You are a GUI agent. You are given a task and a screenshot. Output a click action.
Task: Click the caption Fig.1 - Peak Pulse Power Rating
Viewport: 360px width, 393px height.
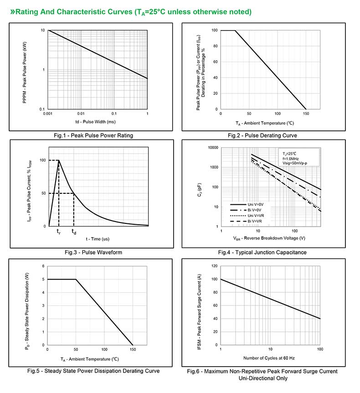click(93, 135)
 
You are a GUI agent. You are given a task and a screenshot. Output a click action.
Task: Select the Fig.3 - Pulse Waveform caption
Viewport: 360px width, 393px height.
click(93, 252)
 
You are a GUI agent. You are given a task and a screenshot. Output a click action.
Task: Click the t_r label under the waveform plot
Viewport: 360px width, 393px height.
click(58, 232)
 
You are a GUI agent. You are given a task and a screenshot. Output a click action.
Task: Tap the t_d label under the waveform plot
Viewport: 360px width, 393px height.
click(73, 232)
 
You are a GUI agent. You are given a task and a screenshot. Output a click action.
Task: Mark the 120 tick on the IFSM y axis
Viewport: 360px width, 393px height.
click(214, 266)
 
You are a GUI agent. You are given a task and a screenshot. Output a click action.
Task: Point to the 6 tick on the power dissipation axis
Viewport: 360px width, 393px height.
click(43, 266)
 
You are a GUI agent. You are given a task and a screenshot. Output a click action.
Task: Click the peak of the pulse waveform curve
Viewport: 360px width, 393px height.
click(59, 160)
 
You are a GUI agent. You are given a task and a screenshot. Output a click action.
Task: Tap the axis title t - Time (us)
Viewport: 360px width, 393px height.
click(98, 239)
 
